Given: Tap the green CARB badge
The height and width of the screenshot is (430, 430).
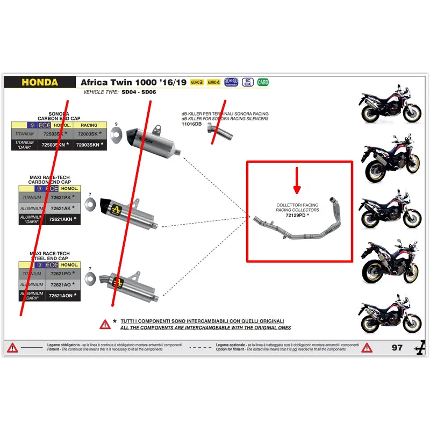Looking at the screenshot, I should [x=263, y=82].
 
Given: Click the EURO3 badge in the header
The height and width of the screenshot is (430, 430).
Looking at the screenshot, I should [x=197, y=82].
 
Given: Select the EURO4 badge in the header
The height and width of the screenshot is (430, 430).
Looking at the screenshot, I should [x=213, y=82].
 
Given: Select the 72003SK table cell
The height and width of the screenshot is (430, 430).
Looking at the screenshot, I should [x=89, y=134].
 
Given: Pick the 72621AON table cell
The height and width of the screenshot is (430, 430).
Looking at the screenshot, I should [x=59, y=295].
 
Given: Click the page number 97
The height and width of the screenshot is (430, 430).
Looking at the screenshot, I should [x=397, y=348].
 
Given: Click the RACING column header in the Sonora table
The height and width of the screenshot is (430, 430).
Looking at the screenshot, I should [x=89, y=125].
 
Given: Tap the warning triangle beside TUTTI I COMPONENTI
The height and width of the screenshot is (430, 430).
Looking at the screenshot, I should [x=104, y=324].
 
